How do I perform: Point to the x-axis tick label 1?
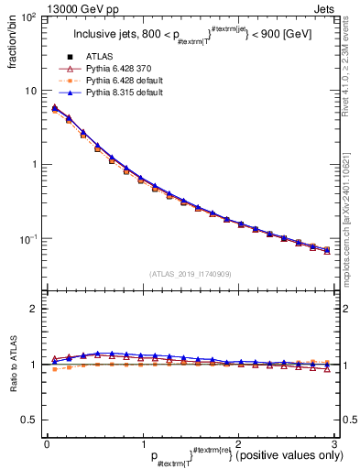[x=142, y=444]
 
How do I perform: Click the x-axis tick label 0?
[x=47, y=444]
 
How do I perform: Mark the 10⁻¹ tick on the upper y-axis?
[x=28, y=239]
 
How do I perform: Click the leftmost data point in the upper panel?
[x=54, y=108]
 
